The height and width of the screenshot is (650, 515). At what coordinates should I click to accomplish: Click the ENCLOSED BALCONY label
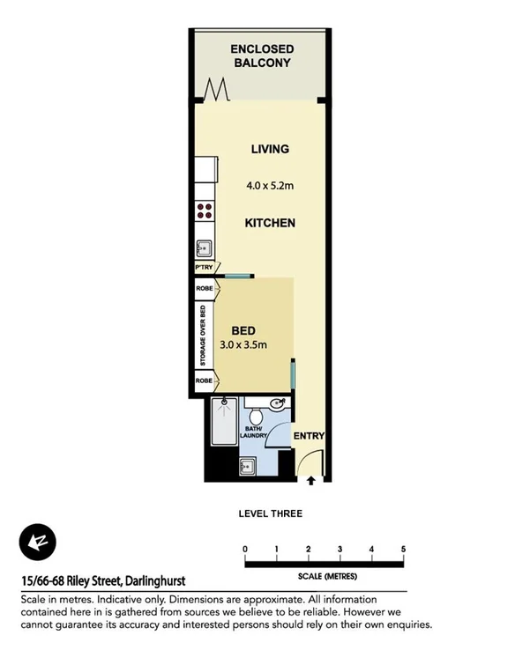[262, 55]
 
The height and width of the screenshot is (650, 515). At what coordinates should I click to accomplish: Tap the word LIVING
[269, 150]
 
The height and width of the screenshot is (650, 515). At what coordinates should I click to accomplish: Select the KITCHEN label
[270, 224]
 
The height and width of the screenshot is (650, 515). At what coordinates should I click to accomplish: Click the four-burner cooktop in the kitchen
[205, 211]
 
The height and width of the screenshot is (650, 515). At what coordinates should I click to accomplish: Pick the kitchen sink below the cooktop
[204, 247]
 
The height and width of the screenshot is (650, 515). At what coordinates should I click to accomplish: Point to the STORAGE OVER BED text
[203, 336]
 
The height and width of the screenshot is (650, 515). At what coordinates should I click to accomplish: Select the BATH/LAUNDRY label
[257, 432]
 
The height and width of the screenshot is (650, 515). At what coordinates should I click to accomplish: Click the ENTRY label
[309, 436]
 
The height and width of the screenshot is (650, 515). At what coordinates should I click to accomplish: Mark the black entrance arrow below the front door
[311, 481]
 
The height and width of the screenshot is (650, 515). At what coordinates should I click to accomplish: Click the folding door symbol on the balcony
[218, 90]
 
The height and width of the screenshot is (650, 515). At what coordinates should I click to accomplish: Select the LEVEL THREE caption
[271, 513]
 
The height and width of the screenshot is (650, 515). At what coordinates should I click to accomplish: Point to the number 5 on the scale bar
[403, 549]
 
